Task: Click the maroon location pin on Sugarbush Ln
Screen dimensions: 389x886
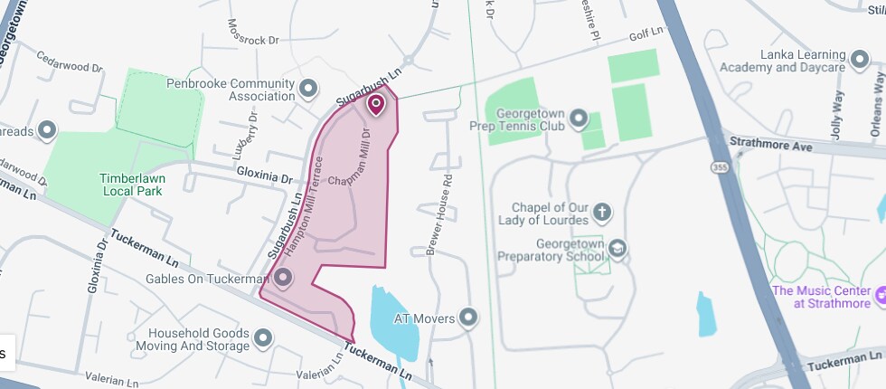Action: pyautogui.click(x=376, y=106)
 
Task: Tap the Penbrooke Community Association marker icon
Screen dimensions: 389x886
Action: pyautogui.click(x=308, y=89)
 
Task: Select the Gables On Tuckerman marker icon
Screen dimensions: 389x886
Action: pyautogui.click(x=283, y=278)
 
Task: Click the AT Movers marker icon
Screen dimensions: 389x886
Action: pyautogui.click(x=467, y=318)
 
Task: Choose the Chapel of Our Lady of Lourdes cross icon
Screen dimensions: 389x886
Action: pyautogui.click(x=601, y=213)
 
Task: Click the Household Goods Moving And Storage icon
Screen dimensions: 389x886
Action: pyautogui.click(x=263, y=338)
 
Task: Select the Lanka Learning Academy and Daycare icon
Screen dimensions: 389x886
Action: pyautogui.click(x=860, y=61)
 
